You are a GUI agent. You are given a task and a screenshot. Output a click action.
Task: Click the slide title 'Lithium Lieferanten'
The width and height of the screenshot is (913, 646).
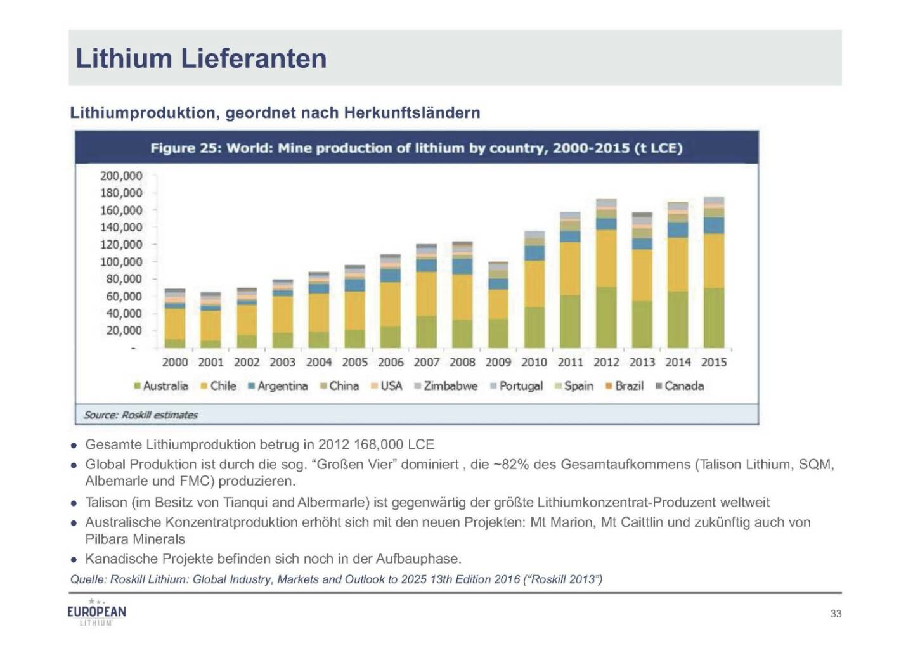[x=201, y=58]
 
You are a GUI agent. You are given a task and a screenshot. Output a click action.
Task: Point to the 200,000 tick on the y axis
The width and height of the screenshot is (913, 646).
[x=121, y=176]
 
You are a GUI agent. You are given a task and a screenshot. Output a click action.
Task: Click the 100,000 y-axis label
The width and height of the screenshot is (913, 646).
[x=121, y=262]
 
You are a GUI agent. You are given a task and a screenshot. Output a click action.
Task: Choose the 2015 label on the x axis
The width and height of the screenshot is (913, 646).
[x=714, y=363]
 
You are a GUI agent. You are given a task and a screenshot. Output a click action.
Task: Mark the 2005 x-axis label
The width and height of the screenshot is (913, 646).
[x=355, y=363]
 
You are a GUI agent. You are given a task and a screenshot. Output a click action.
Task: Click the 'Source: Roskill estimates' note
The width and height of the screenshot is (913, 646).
[x=141, y=415]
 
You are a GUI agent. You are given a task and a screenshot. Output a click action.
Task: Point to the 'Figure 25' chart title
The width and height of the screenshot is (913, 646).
[x=416, y=148]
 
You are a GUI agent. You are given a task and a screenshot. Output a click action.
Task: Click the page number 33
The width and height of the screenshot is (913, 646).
[x=836, y=614]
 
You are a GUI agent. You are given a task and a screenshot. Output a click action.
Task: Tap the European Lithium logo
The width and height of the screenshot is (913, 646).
[x=96, y=612]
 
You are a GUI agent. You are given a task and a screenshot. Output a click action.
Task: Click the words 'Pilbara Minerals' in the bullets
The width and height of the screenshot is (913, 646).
[x=136, y=539]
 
